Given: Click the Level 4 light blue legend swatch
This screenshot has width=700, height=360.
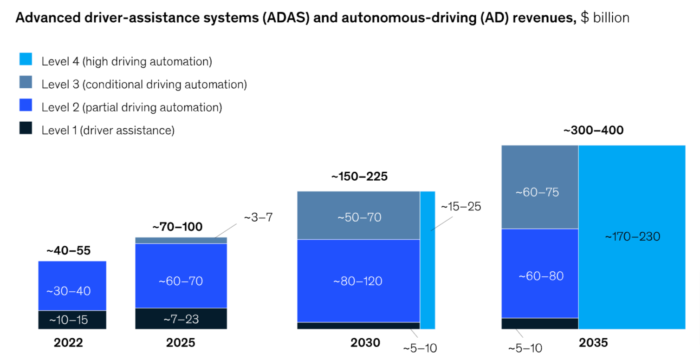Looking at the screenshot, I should [x=26, y=59].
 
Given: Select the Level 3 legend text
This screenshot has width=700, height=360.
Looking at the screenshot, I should [x=144, y=85].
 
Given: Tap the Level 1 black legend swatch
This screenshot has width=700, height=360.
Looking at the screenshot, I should [x=26, y=128].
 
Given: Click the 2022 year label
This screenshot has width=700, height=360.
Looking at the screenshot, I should [x=68, y=343].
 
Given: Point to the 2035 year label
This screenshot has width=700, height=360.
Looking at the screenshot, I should [x=593, y=343].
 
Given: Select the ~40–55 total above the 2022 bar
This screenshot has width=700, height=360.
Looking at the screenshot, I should [x=68, y=251].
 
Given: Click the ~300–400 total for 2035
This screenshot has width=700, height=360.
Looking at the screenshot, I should [x=593, y=131].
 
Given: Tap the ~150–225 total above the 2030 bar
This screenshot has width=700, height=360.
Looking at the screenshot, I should [x=359, y=177].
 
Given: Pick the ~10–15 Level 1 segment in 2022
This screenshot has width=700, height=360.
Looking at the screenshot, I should [x=72, y=320].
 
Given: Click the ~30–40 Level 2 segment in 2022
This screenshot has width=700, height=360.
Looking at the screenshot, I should [x=72, y=291].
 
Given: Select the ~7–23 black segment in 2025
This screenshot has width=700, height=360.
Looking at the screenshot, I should [x=181, y=319].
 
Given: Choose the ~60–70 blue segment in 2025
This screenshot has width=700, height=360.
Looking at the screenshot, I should [x=181, y=281].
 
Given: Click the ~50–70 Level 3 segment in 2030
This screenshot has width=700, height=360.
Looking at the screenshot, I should [x=359, y=217].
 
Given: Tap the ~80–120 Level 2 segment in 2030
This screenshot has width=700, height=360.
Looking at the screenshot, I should [x=359, y=281].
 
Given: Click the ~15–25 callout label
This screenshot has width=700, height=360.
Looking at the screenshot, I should [x=461, y=206].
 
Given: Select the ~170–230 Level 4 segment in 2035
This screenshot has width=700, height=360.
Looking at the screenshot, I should [x=632, y=236].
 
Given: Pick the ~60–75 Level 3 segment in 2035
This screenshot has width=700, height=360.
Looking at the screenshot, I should [x=540, y=192].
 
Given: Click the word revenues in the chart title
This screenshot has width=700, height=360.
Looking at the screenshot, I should [x=547, y=18].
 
